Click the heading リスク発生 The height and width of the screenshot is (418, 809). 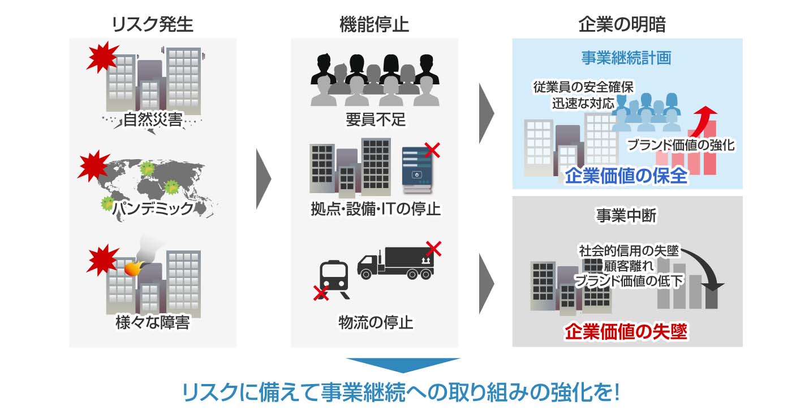pos(152,24)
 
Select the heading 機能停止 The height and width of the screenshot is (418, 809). pos(374,24)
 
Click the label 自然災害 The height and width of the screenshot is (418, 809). pos(153,120)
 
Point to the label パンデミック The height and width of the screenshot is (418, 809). pos(153,208)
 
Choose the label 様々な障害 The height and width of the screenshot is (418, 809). pos(152,323)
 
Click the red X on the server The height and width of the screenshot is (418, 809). pos(432,150)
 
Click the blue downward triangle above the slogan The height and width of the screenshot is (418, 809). pos(403,365)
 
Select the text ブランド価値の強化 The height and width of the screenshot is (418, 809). pos(681,145)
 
